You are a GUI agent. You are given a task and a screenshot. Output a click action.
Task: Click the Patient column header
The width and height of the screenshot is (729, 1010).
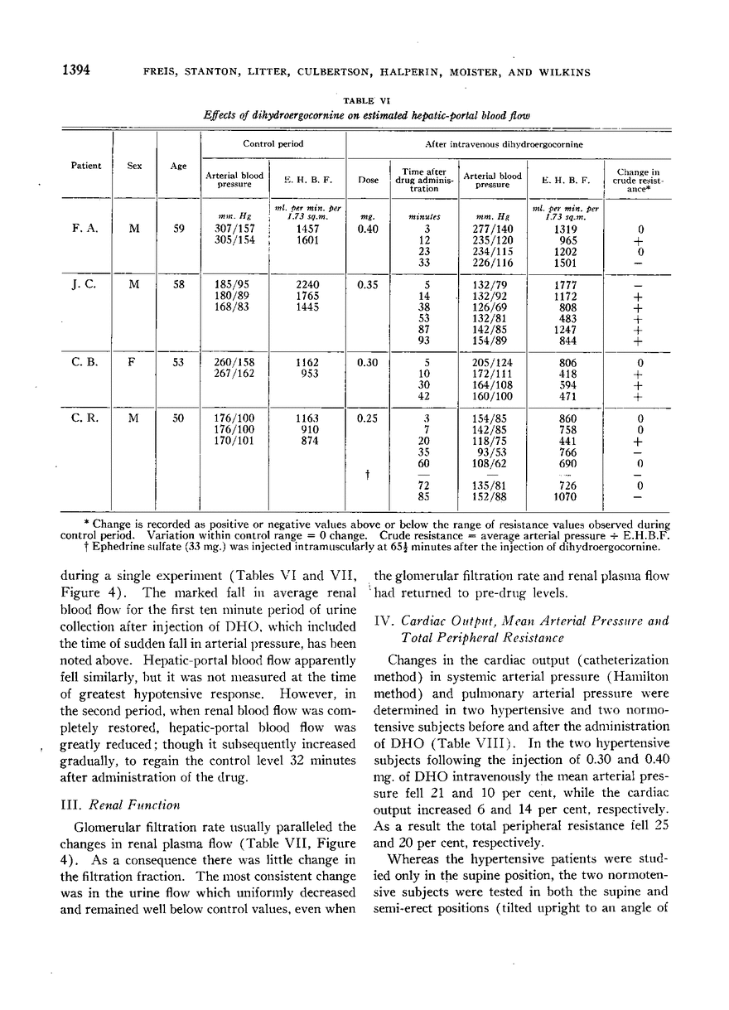point(85,165)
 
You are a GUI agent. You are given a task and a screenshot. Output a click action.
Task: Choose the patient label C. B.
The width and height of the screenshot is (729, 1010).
point(85,361)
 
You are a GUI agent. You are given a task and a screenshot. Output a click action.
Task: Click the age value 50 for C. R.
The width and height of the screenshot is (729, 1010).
point(178,418)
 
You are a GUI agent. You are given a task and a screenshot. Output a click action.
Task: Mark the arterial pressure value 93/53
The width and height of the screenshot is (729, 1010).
point(494,453)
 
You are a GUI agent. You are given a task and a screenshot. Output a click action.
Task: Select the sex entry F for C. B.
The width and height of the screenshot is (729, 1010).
point(133,361)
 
